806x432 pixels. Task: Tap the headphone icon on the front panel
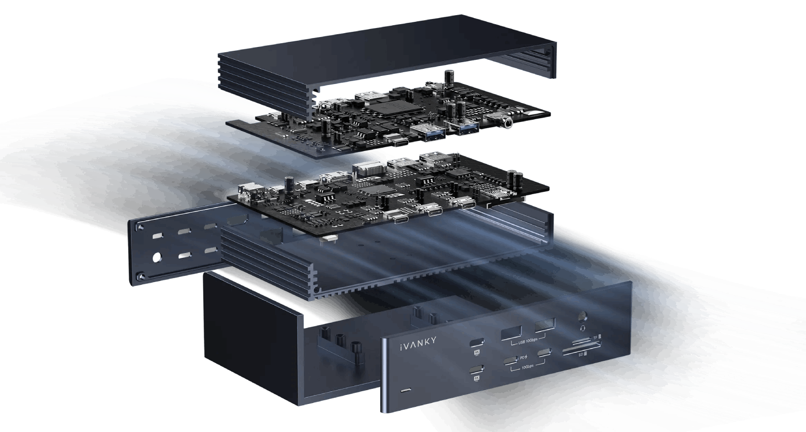(583, 327)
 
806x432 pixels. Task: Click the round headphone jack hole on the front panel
(583, 315)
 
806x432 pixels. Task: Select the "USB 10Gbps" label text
(528, 341)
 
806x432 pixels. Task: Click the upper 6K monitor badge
(477, 352)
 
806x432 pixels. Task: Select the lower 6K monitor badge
(477, 378)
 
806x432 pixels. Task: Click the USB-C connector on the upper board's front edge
(397, 141)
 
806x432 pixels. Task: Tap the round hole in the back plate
(157, 258)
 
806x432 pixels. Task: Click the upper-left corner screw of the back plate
(140, 227)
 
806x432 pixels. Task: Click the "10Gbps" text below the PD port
(527, 366)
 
